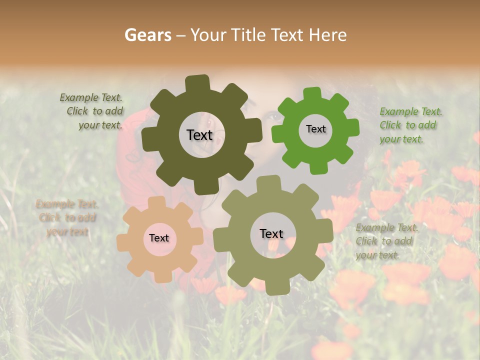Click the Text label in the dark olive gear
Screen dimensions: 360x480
[199, 135]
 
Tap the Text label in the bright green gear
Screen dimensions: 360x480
[315, 129]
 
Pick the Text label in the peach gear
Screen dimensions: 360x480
[159, 238]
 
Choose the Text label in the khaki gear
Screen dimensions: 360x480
[271, 233]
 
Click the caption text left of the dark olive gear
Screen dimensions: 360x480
[92, 111]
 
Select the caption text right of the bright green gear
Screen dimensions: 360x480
[409, 125]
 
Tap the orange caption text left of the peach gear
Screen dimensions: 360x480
[67, 217]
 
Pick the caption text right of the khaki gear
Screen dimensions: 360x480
[386, 241]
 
